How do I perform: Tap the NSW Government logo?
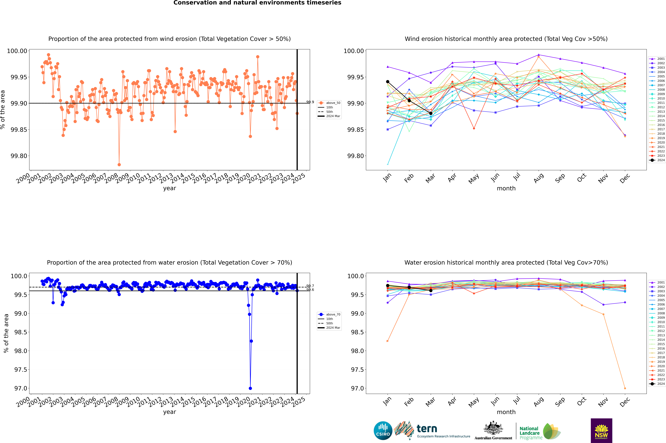(x=601, y=431)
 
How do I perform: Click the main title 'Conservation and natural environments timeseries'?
(x=257, y=3)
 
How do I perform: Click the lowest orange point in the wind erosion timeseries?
(x=119, y=164)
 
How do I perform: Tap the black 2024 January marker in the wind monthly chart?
(x=388, y=82)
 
